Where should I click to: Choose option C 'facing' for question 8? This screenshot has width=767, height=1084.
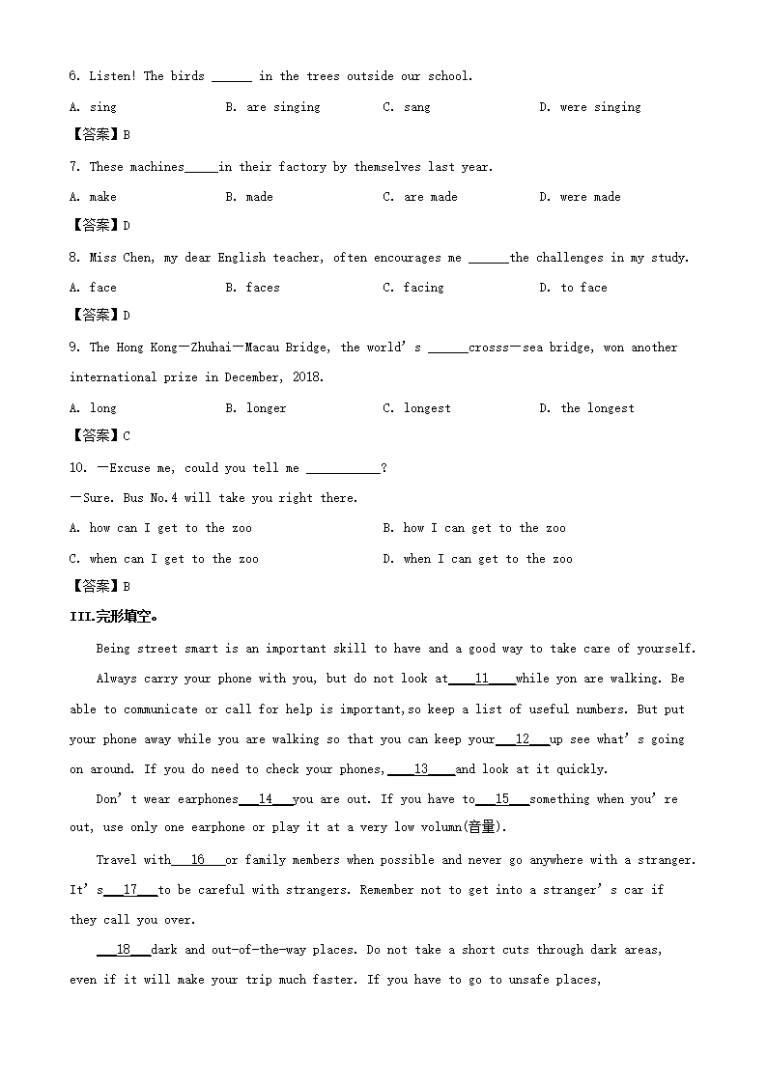pyautogui.click(x=413, y=288)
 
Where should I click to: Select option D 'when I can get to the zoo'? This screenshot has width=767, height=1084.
pyautogui.click(x=477, y=559)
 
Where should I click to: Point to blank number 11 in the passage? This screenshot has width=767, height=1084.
pyautogui.click(x=481, y=679)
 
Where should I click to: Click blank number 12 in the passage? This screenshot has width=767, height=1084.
pyautogui.click(x=523, y=739)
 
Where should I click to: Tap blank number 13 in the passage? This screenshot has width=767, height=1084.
pyautogui.click(x=421, y=769)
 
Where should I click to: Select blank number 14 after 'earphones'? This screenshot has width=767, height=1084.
pyautogui.click(x=265, y=799)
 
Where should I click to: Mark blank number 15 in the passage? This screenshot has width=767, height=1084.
pyautogui.click(x=502, y=799)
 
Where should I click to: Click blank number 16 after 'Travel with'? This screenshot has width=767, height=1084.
pyautogui.click(x=198, y=860)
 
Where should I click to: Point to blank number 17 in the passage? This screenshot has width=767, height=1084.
pyautogui.click(x=130, y=890)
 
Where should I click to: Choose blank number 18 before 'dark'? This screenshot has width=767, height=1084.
pyautogui.click(x=123, y=950)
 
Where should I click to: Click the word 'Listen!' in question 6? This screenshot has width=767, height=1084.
pyautogui.click(x=112, y=76)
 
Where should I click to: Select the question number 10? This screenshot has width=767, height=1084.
pyautogui.click(x=78, y=468)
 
